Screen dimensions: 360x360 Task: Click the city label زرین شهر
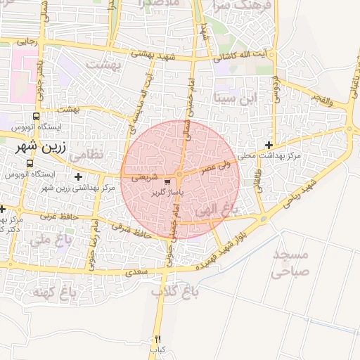point(40,148)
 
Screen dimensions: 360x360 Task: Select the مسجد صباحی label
point(290,262)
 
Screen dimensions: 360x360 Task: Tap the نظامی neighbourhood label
point(87,153)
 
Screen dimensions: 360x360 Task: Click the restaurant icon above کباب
point(157,339)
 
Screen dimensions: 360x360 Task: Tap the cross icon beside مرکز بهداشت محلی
point(269,145)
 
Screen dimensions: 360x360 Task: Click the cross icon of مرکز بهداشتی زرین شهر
point(77,176)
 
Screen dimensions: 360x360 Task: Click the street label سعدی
point(136,270)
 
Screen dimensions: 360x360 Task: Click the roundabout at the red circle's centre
point(180,174)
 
